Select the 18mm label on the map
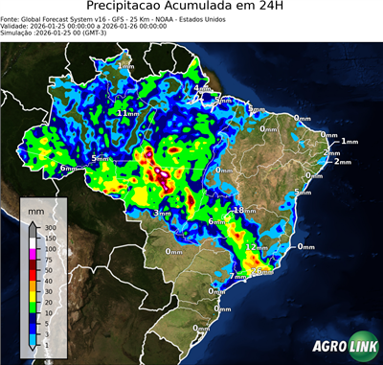[245, 210]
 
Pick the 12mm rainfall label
[257, 247]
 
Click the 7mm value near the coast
[237, 277]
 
